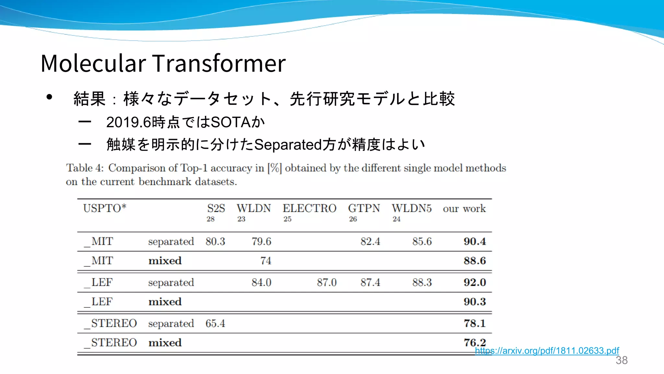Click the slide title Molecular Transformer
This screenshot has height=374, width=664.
[x=163, y=63]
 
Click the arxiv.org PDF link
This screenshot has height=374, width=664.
[x=547, y=351]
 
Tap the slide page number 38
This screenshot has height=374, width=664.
[x=622, y=360]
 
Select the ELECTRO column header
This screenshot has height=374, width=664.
[x=309, y=208]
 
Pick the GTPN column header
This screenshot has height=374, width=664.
[x=364, y=208]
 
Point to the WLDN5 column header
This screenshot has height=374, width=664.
[x=411, y=208]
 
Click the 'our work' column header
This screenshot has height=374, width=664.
[x=464, y=208]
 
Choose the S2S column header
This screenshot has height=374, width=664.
[x=216, y=208]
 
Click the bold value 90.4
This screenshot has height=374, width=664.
[x=475, y=242]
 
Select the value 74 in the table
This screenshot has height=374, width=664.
[x=266, y=261]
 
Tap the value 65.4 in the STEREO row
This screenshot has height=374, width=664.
[x=215, y=324]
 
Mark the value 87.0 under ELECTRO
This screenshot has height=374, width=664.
[x=327, y=282]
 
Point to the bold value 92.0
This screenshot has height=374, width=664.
[x=475, y=282]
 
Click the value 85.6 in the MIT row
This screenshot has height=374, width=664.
[x=422, y=242]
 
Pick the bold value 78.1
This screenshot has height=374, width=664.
[x=475, y=324]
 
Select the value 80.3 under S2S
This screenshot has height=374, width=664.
[x=215, y=242]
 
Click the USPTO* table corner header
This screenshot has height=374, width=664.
[x=104, y=208]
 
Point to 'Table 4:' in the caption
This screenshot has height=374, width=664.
[x=85, y=168]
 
